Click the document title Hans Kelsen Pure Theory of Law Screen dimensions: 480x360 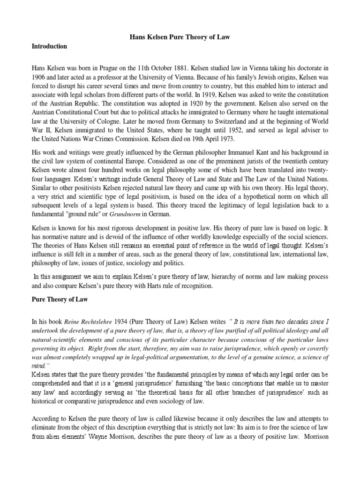click(180, 36)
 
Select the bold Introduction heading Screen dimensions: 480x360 click(49, 46)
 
